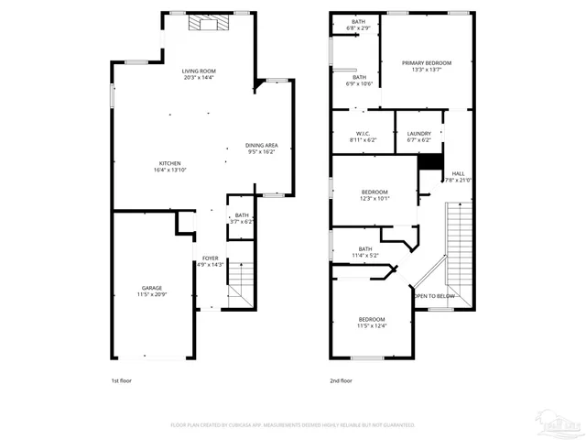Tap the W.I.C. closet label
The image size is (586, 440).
tap(363, 137)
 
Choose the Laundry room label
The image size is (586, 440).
tap(418, 137)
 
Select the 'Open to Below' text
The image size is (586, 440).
tap(434, 296)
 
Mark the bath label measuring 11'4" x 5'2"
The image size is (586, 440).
tap(365, 251)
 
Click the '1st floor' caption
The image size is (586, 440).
tap(122, 379)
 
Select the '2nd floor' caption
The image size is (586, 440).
tap(342, 379)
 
